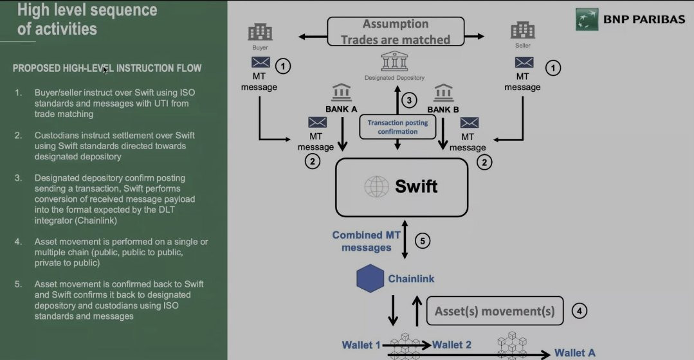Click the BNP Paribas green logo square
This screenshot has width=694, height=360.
[x=587, y=19]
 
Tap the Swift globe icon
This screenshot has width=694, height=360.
[x=377, y=186]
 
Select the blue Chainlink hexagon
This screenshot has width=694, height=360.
[x=370, y=278]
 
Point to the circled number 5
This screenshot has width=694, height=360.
[x=422, y=241]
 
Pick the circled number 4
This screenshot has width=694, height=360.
[x=579, y=311]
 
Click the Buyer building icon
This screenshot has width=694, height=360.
[x=260, y=32]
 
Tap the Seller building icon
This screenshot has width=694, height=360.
[x=523, y=31]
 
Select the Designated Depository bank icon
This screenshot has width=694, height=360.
[x=394, y=62]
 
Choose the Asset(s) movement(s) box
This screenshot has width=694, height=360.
[x=495, y=311]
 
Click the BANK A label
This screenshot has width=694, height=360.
[x=341, y=109]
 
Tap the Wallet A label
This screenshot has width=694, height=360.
[x=574, y=352]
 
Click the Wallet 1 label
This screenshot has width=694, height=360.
[x=361, y=345]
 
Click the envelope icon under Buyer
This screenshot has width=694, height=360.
[x=261, y=62]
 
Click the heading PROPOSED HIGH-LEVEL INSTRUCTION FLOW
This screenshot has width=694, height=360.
[x=107, y=68]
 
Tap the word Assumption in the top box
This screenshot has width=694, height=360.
[x=396, y=24]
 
